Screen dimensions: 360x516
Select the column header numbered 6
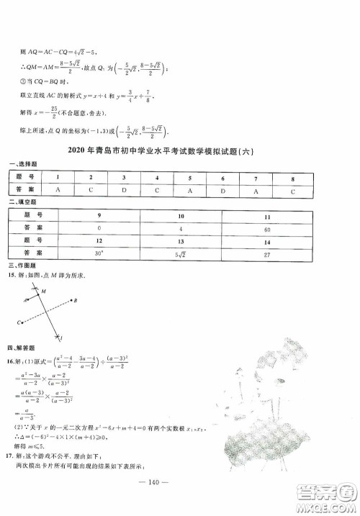click(x=223, y=177)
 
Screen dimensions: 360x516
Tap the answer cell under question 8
click(x=293, y=189)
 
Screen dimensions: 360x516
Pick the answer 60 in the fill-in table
click(x=267, y=228)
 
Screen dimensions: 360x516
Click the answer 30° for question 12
click(x=97, y=253)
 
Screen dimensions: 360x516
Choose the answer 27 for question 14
click(x=267, y=253)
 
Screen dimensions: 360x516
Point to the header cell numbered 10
click(x=181, y=216)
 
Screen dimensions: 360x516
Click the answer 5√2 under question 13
click(x=181, y=253)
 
